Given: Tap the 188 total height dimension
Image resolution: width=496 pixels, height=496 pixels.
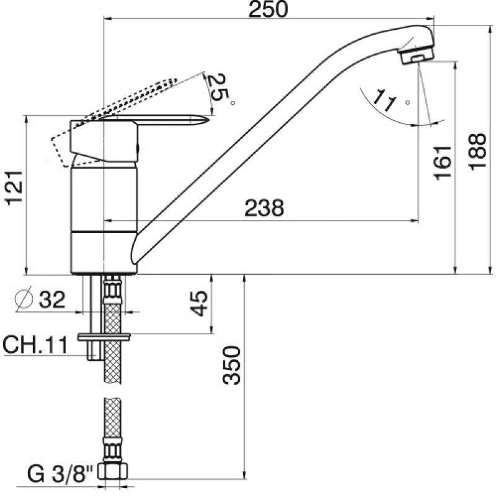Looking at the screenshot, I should [477, 152].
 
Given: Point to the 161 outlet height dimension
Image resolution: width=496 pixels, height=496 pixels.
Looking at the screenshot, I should [443, 163].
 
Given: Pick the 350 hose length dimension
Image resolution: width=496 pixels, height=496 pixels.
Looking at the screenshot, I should [231, 366].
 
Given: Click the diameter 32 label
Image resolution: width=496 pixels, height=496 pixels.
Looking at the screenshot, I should [51, 300].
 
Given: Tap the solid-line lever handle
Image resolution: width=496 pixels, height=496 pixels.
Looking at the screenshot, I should [167, 121].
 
